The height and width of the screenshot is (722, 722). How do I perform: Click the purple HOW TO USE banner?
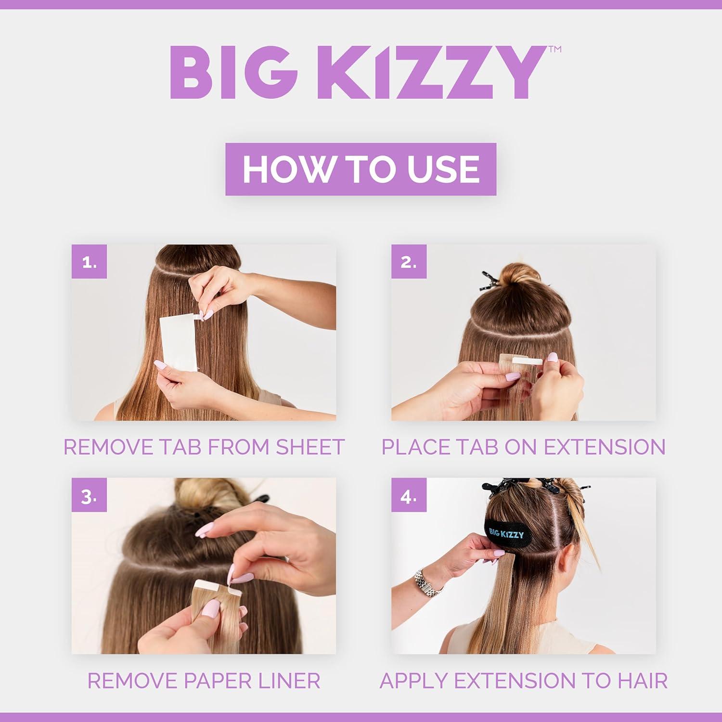361,169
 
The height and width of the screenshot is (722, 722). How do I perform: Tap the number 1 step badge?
89,261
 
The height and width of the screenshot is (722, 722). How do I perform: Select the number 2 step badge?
409,261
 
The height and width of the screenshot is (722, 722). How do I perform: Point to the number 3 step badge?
89,495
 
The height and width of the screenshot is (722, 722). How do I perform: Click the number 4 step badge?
409,495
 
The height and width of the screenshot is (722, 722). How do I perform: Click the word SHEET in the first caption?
310,447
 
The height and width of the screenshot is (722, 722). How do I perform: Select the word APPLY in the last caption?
414,681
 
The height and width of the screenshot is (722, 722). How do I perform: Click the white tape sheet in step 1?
179,343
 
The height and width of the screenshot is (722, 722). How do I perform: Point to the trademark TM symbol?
555,49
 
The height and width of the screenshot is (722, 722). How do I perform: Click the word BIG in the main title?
234,72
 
